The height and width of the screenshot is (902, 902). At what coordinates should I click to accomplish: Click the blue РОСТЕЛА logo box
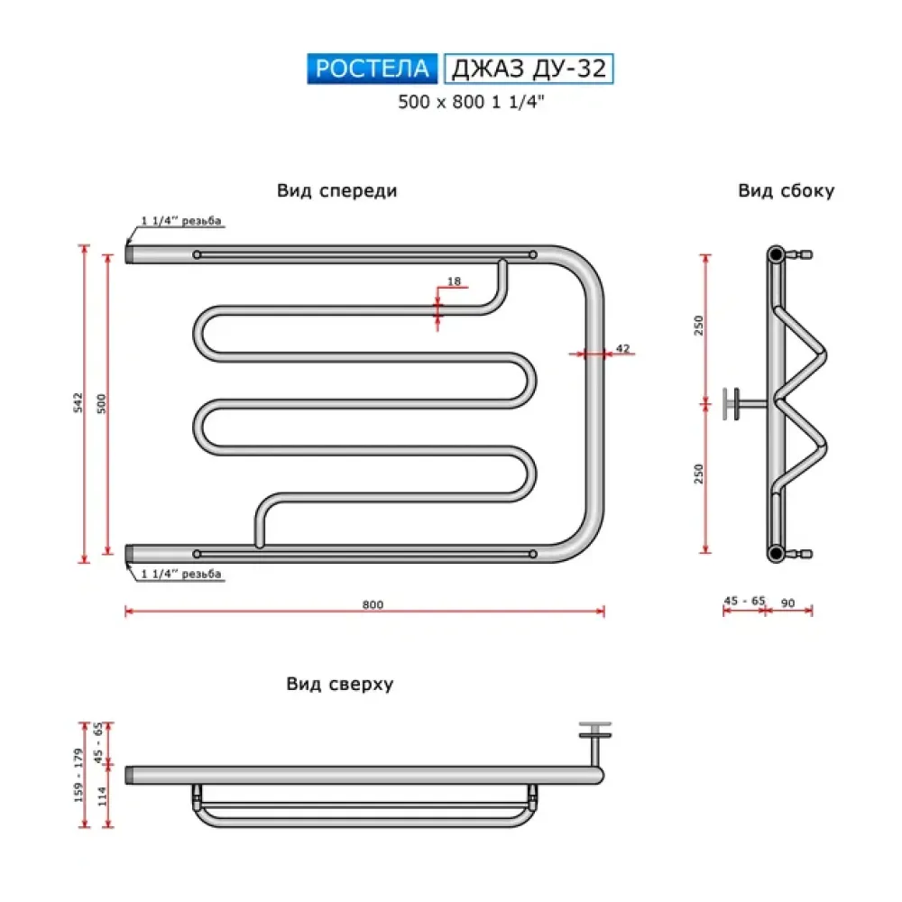coord(373,69)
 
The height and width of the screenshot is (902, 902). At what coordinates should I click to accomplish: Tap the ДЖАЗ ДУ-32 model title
coord(529,69)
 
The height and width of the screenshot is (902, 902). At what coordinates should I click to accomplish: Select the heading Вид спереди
coord(337,191)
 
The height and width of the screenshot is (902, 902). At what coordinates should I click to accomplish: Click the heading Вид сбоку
coord(787,191)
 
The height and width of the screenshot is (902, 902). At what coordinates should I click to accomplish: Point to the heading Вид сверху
coord(340,684)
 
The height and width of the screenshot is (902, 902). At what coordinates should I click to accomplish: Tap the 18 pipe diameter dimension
coord(454,282)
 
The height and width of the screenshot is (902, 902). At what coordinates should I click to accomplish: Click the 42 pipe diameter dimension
coord(622,347)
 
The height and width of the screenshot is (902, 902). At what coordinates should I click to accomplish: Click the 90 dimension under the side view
coord(788,602)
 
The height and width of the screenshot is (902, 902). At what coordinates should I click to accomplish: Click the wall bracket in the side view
coord(738,403)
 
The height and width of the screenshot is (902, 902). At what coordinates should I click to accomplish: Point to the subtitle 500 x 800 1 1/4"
coord(473,103)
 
